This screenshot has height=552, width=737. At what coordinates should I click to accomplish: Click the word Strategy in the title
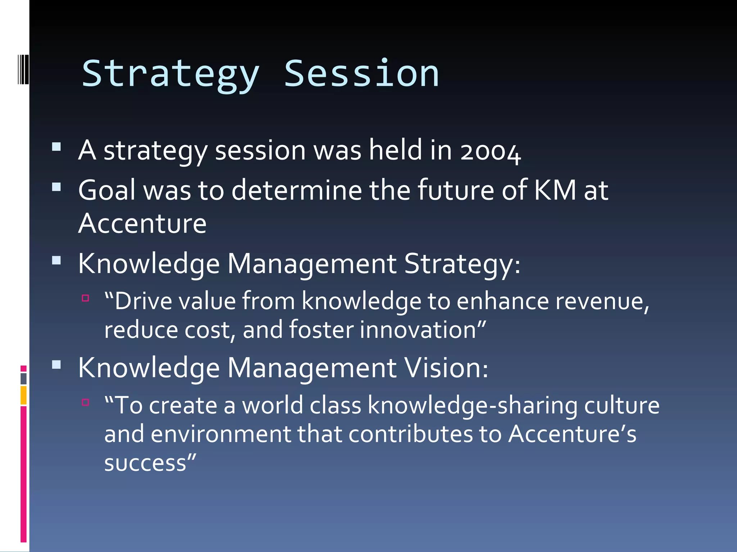[x=170, y=74]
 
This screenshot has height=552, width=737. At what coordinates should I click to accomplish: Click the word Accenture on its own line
[x=142, y=224]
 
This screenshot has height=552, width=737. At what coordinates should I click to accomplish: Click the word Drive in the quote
[x=143, y=301]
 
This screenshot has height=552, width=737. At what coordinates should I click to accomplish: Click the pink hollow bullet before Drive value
[x=85, y=298]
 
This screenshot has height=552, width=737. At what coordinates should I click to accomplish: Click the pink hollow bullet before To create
[x=85, y=402]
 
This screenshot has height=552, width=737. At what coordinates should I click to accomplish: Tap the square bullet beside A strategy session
[x=56, y=147]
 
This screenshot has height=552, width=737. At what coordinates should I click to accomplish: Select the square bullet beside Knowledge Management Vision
[x=56, y=365]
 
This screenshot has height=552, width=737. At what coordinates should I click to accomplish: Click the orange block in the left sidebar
[x=23, y=395]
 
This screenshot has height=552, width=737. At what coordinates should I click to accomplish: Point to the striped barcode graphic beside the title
[x=23, y=69]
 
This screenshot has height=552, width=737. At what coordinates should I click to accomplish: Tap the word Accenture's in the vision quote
[x=572, y=434]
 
